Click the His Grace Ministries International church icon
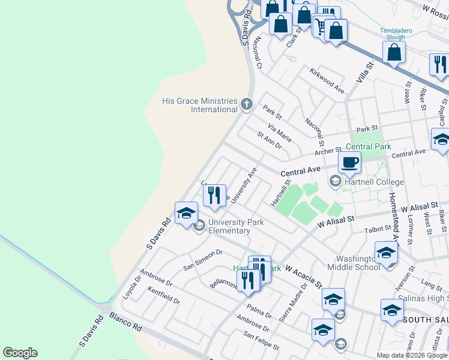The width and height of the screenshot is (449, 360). coord(246,105)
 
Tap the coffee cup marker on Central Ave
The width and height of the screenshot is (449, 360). coord(350,161)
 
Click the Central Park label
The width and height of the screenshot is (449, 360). coord(368,146)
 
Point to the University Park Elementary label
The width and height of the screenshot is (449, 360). coord(228,226)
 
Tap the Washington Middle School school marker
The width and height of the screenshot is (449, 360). coord(386,253)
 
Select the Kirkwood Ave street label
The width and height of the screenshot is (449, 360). coord(327,81)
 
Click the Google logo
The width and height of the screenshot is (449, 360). coord(20,353)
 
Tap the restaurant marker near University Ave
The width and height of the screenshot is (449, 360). coord(214,195)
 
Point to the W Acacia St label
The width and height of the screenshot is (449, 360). coord(303,275)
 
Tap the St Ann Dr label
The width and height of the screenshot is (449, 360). coord(269,142)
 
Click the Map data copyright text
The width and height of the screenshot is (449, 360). coord(412,355)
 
